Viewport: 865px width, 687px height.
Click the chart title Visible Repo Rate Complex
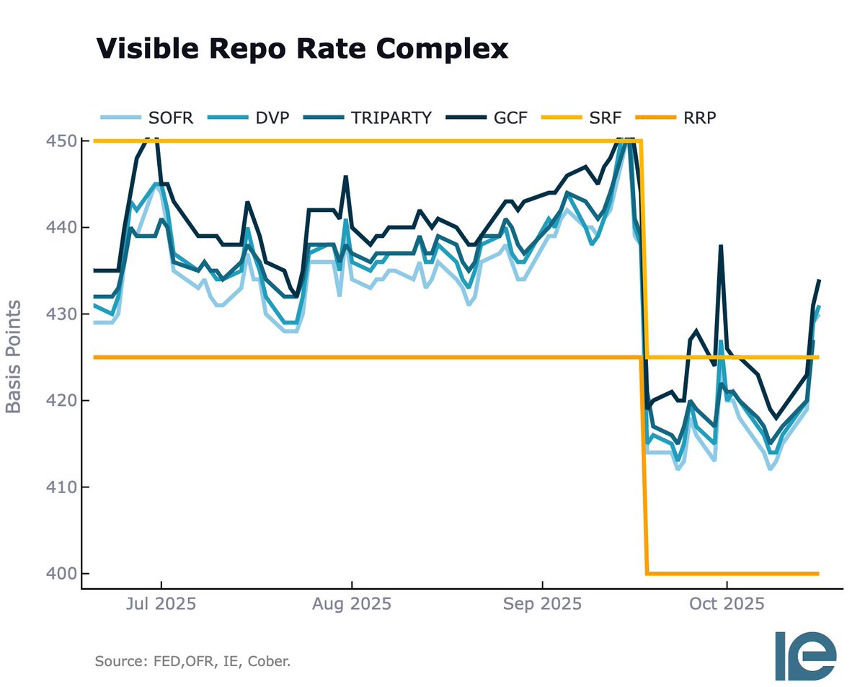point(303,48)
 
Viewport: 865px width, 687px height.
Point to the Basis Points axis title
point(13,358)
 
